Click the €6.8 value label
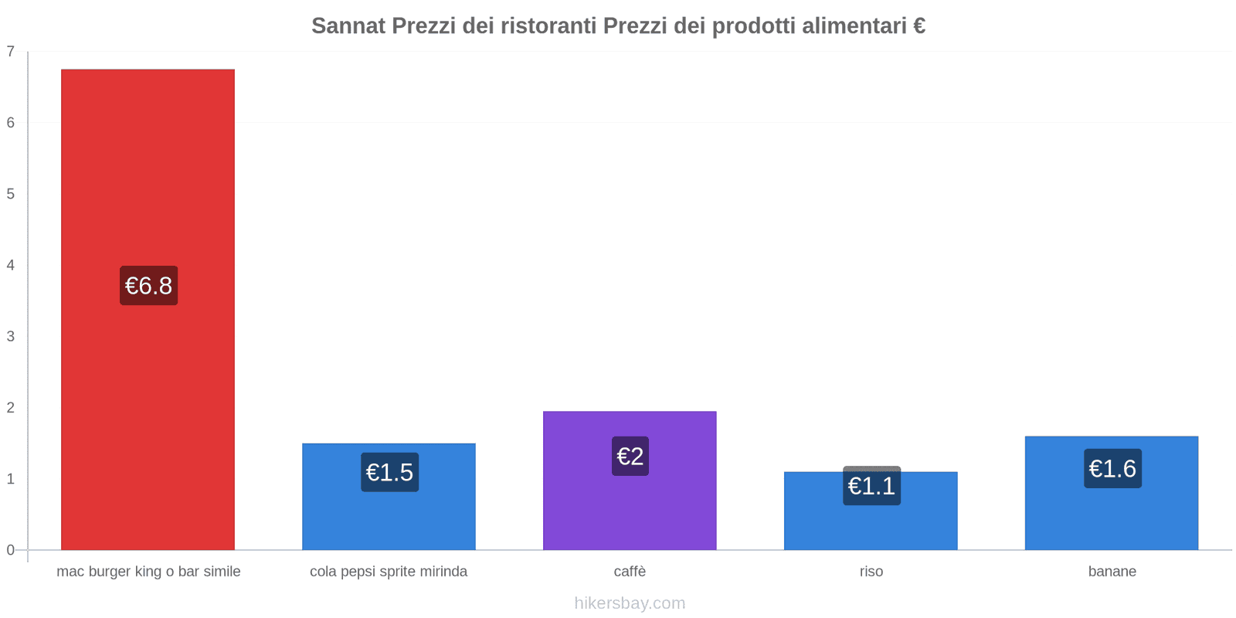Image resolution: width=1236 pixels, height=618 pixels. point(148,286)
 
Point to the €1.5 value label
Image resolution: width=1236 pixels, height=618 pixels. point(389,472)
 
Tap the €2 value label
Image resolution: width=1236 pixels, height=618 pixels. point(630,456)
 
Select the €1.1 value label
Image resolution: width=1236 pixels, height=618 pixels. point(871,486)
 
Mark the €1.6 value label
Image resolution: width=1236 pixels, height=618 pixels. point(1112,468)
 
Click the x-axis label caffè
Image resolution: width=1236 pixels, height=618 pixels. point(630,572)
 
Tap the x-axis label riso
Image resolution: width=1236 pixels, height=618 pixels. point(871,572)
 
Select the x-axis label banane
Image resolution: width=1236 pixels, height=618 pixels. point(1112,572)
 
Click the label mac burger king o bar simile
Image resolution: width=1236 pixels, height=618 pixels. point(148,572)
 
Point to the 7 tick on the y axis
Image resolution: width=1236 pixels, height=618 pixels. point(11,52)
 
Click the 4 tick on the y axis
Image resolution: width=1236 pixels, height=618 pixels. point(11,265)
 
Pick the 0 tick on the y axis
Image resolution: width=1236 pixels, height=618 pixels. point(11,550)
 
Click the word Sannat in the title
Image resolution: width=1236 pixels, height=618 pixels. point(348,25)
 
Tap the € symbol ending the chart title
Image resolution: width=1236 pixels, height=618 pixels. point(919,25)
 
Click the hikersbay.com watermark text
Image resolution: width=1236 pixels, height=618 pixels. point(630,603)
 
